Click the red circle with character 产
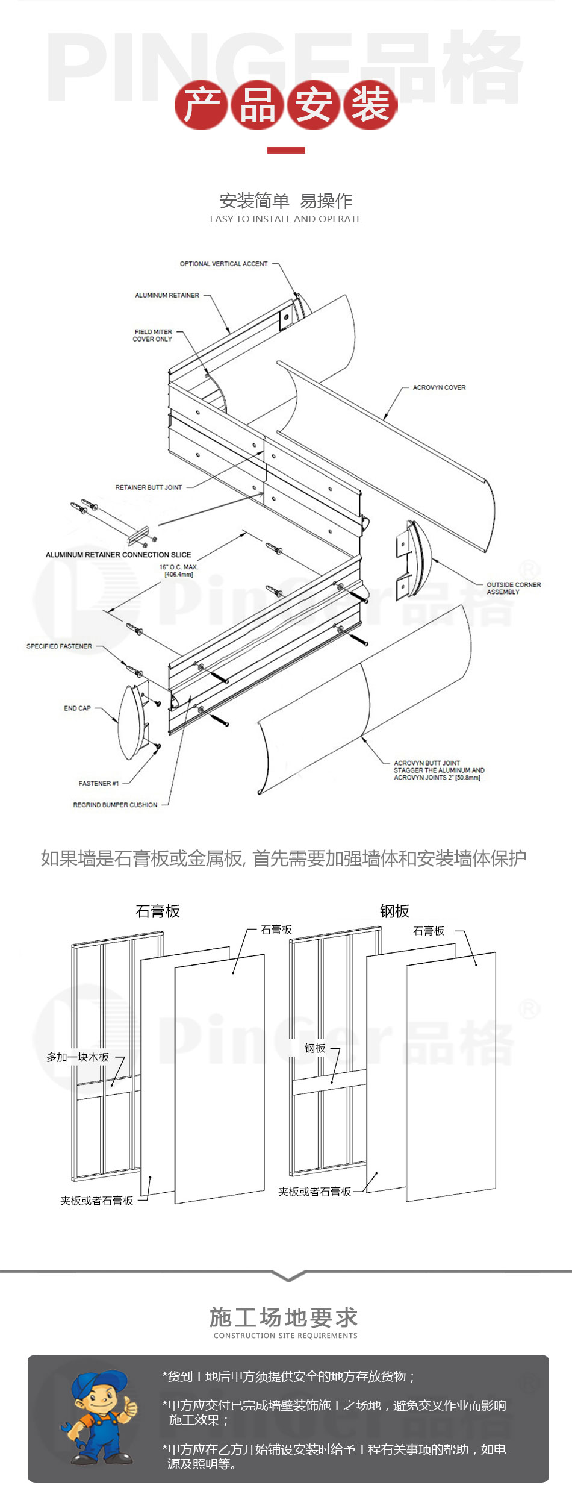coord(201,105)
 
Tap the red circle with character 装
coord(370,105)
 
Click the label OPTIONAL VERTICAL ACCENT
coord(223,264)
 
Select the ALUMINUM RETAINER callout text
coord(167,295)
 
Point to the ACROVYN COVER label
coord(439,387)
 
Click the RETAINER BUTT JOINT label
coord(148,487)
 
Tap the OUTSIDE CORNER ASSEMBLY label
coord(513,588)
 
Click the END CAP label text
coord(77,708)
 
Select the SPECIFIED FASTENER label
coord(59,646)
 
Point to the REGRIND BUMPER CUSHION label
coord(115,805)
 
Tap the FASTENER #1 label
coord(98,783)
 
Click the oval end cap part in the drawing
coord(130,722)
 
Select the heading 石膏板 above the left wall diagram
coord(158,911)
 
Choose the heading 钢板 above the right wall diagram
coord(394,911)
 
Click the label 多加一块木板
coord(78,1057)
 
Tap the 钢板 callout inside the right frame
coord(315,1048)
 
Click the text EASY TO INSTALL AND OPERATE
coord(285,219)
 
